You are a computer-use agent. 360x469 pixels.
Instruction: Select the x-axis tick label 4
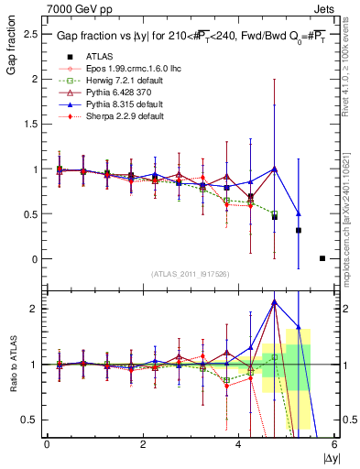click(x=239, y=443)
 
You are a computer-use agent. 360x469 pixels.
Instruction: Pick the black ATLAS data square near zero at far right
click(x=322, y=258)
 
